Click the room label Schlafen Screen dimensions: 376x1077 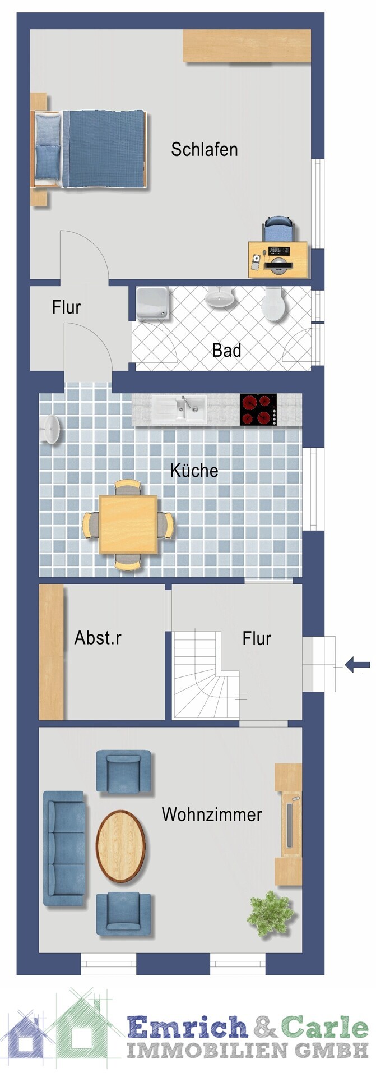[x=205, y=150]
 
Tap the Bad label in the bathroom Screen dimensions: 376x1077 [x=226, y=351]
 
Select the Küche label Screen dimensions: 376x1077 [x=194, y=470]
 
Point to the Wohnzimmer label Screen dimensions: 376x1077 [x=212, y=814]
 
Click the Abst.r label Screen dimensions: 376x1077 [x=98, y=638]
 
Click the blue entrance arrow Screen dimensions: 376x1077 [x=357, y=665]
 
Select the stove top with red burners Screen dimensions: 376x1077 [x=258, y=410]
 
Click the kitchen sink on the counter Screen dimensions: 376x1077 [x=179, y=409]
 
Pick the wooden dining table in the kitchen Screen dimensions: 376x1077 [x=128, y=525]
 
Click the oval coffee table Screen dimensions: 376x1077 [x=120, y=846]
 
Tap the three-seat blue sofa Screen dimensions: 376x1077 [x=64, y=848]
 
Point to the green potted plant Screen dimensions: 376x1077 [x=271, y=914]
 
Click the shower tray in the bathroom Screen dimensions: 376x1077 [x=151, y=303]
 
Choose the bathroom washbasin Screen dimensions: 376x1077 [x=219, y=297]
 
